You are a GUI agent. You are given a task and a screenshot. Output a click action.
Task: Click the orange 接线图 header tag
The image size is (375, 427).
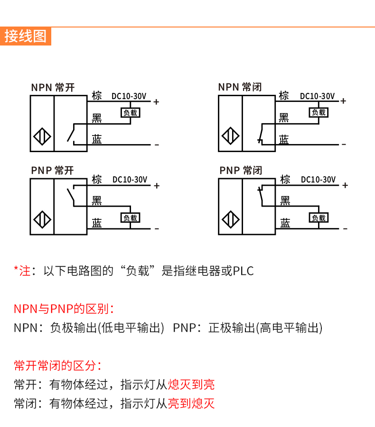(x=26, y=36)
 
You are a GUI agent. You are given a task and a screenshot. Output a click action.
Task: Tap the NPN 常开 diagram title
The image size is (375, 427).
(x=53, y=87)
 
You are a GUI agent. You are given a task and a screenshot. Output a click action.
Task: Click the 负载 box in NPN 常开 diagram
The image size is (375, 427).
(x=130, y=113)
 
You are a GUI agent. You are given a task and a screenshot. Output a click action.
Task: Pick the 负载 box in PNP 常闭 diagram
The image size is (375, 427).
(x=319, y=218)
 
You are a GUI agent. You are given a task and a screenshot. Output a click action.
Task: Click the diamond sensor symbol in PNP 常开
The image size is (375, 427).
(x=42, y=220)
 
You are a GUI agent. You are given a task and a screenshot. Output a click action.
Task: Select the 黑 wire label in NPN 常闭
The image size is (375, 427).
(x=284, y=118)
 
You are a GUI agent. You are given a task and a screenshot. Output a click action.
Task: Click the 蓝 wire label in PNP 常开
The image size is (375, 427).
(x=97, y=223)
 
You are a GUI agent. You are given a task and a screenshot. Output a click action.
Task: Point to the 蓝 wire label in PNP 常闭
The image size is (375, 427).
(x=285, y=223)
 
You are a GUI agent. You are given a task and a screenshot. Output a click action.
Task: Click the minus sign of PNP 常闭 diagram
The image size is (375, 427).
(x=345, y=229)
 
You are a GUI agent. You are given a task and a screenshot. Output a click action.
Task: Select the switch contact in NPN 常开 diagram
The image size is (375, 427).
(x=72, y=133)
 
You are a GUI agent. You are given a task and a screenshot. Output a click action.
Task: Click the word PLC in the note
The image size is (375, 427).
(x=243, y=271)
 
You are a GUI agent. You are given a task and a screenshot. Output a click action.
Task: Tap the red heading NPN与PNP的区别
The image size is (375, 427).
(x=64, y=309)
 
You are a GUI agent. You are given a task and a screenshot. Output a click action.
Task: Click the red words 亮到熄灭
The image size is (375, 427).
(x=191, y=403)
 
